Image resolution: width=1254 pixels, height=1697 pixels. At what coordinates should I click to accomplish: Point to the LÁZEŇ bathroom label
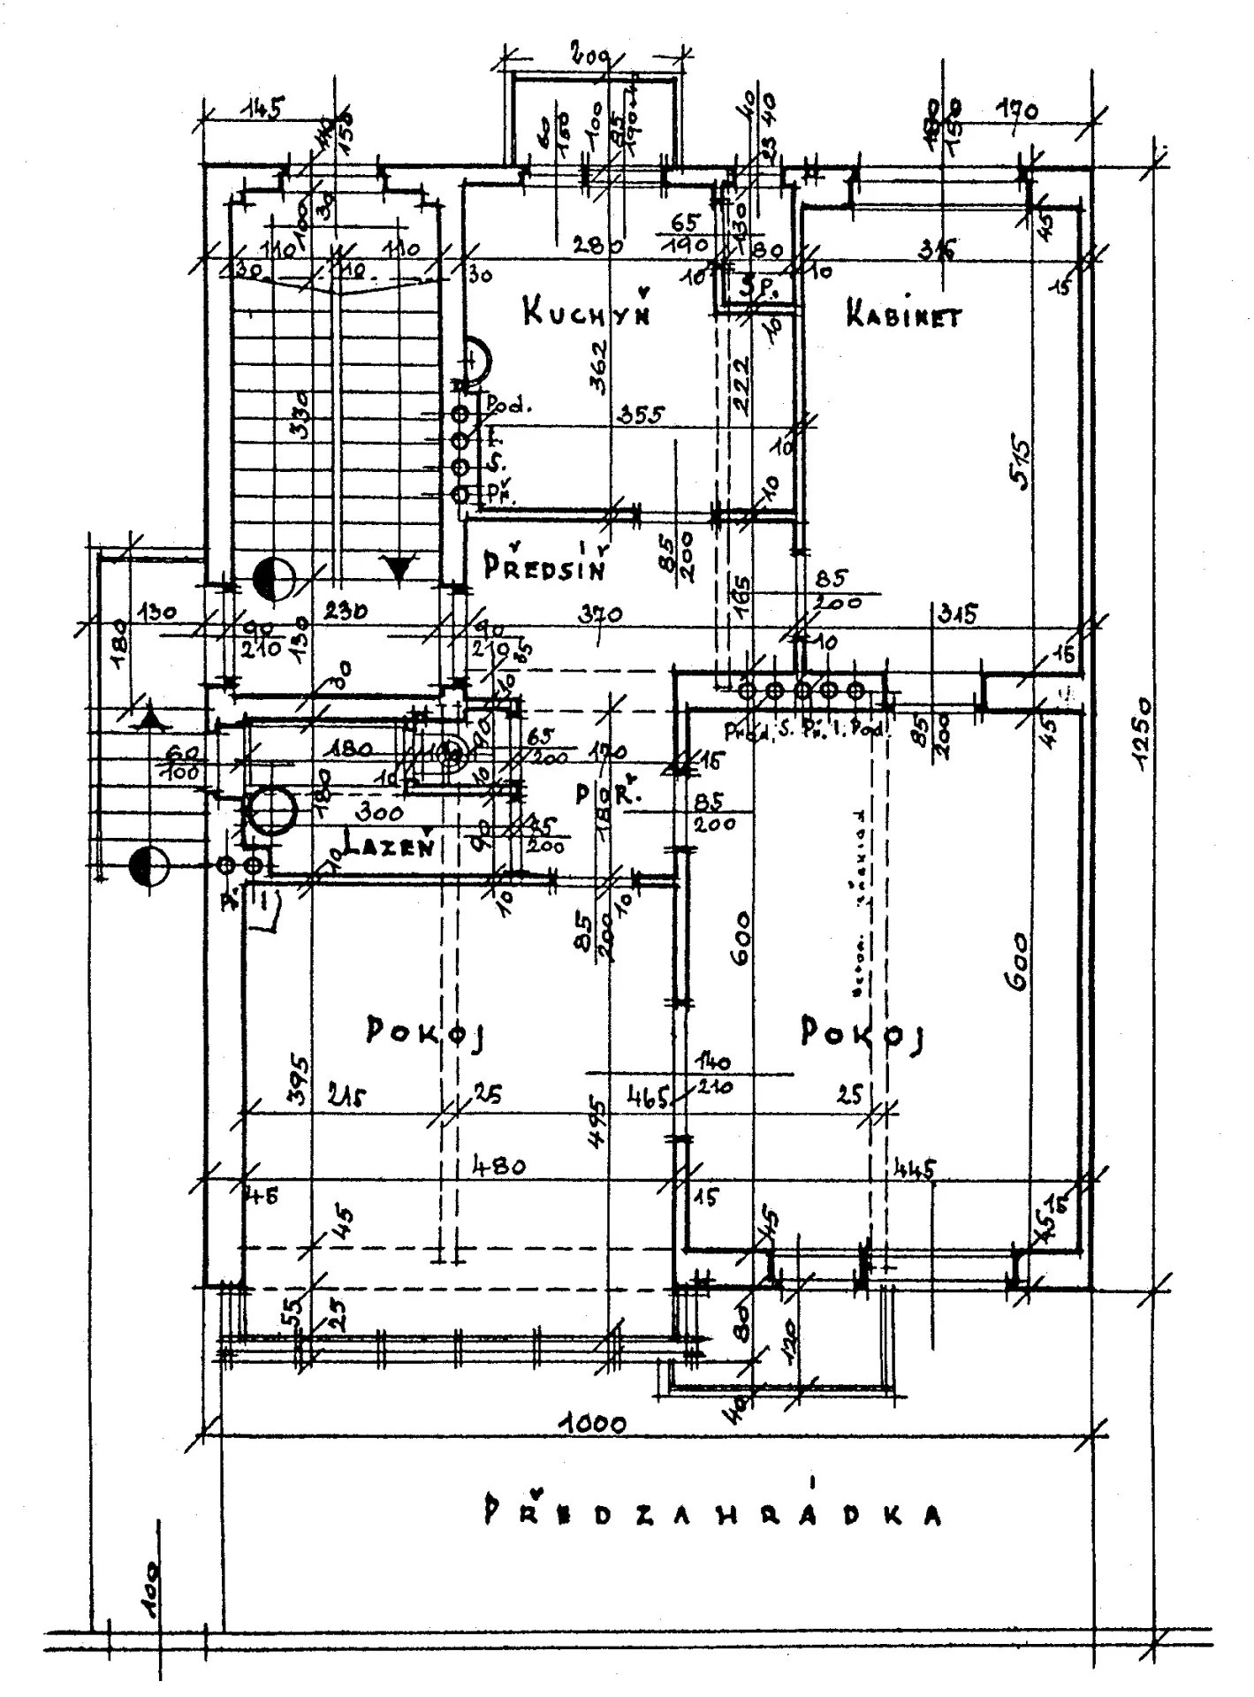(x=389, y=847)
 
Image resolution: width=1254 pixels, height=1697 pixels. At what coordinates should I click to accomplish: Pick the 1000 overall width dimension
(x=597, y=1423)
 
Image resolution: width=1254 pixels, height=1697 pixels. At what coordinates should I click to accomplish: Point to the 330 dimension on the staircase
(x=300, y=415)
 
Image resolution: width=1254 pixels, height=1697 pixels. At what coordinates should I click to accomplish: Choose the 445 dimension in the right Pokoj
(x=914, y=1169)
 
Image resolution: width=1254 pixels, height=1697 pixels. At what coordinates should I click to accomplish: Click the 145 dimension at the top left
(x=262, y=109)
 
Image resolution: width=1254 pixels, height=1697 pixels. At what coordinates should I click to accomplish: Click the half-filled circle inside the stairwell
(x=272, y=580)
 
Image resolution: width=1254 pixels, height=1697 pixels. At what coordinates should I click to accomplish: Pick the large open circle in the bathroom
(x=271, y=809)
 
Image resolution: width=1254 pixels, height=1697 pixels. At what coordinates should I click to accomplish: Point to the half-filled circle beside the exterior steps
(x=148, y=866)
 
